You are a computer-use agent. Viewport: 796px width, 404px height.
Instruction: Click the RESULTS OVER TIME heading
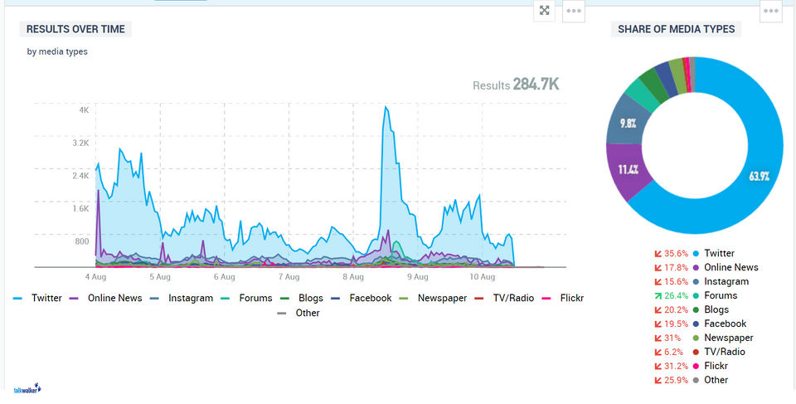tap(75, 29)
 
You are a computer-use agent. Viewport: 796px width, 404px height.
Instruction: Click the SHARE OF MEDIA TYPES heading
tap(676, 29)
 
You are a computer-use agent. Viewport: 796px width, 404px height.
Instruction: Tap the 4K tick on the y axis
tap(84, 110)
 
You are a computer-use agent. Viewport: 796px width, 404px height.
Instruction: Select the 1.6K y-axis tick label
tap(80, 208)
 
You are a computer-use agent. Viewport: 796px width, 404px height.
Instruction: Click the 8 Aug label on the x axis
tap(354, 276)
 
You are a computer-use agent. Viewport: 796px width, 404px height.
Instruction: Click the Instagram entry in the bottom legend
tap(190, 298)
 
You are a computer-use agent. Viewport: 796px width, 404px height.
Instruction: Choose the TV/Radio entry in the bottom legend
tap(513, 298)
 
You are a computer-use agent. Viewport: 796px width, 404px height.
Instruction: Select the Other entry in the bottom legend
tap(307, 313)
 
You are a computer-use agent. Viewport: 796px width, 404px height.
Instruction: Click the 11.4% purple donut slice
tap(628, 170)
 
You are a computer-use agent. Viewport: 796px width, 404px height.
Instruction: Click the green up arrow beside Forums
tap(658, 295)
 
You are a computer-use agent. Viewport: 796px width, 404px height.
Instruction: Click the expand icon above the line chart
tap(544, 11)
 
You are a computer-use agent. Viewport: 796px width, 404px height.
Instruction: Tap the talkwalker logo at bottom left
tap(27, 388)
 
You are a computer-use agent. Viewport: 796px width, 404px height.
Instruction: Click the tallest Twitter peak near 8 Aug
tap(386, 107)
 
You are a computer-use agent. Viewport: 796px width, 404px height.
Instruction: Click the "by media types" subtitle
tap(57, 51)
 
